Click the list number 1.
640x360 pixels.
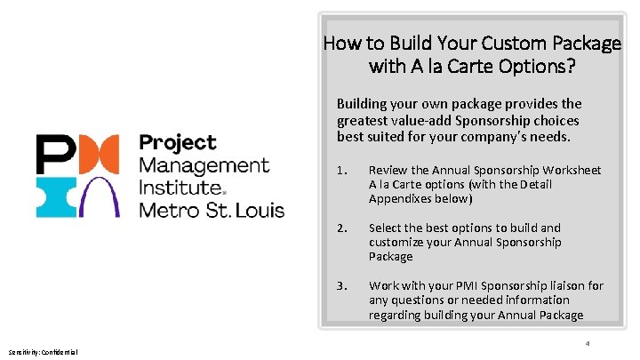[341, 170]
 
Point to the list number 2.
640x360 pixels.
[341, 228]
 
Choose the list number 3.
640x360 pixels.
[341, 285]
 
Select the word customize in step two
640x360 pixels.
[396, 242]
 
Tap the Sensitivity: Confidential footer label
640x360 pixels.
[44, 352]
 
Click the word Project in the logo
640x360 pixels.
[178, 142]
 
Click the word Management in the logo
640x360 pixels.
[204, 164]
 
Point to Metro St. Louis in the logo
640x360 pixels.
[212, 211]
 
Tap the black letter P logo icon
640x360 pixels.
[52, 153]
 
